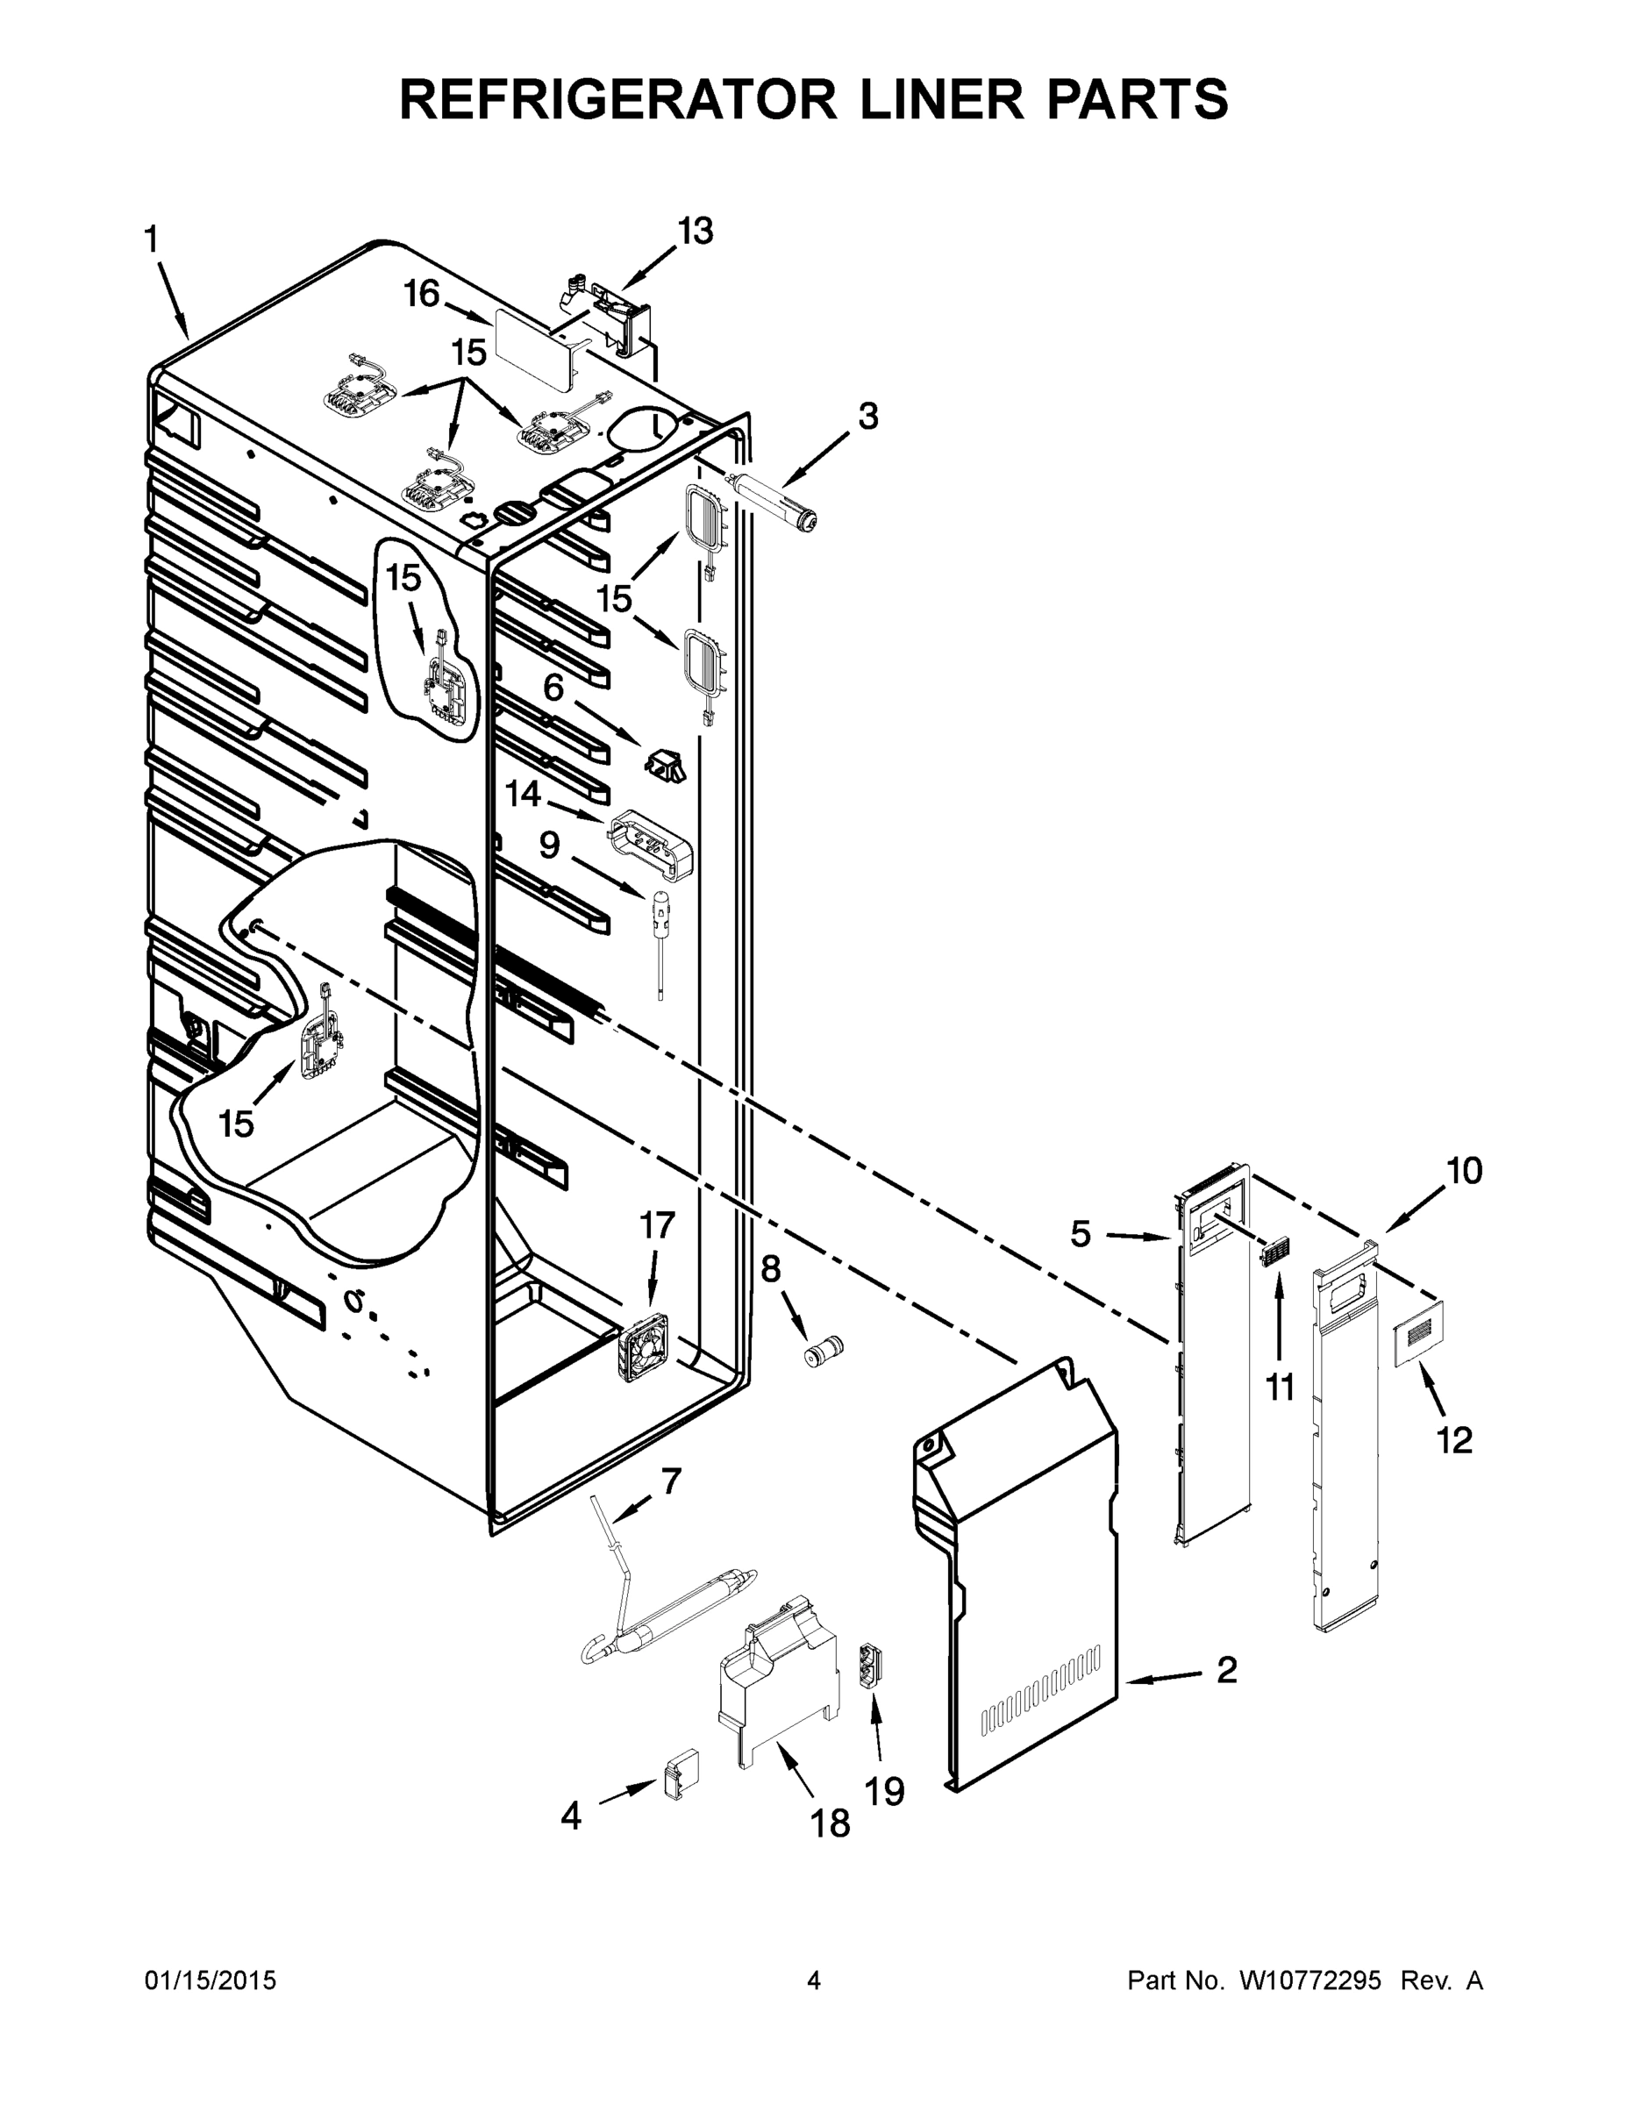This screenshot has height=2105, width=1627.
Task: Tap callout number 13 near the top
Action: click(x=694, y=232)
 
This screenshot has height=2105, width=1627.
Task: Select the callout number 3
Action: click(x=867, y=417)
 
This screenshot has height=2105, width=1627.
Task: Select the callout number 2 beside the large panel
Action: click(x=1226, y=1670)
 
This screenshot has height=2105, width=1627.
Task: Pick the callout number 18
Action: click(x=830, y=1823)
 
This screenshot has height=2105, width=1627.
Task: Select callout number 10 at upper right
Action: click(x=1463, y=1171)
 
